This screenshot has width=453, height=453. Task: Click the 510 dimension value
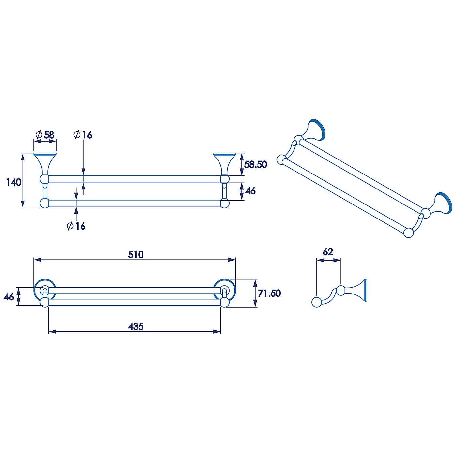[x=136, y=254]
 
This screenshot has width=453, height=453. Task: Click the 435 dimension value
[x=136, y=326]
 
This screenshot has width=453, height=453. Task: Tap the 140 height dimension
[x=14, y=182]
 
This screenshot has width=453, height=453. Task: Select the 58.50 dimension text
[x=256, y=164]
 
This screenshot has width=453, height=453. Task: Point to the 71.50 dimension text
[x=269, y=293]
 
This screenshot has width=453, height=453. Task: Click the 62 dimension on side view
[x=328, y=252]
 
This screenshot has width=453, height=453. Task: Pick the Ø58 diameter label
[x=45, y=135]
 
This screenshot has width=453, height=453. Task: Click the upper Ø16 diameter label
[x=83, y=135]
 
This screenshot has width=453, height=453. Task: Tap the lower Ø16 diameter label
[x=76, y=226]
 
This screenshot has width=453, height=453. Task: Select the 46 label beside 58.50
[x=250, y=191]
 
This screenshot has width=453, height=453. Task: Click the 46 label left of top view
[x=9, y=296]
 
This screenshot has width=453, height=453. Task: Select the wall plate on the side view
[x=366, y=290]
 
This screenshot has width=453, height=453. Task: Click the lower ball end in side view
[x=316, y=302]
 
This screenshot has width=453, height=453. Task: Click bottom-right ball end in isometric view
[x=408, y=233]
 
